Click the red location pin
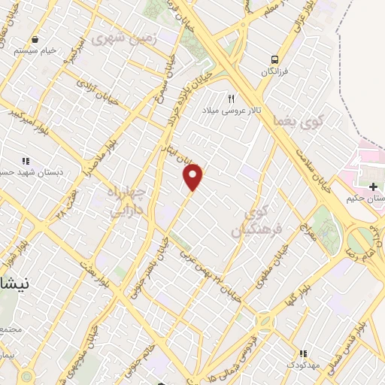tap(193, 177)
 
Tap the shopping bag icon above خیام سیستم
tap(35, 39)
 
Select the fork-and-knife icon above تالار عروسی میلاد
tap(231, 99)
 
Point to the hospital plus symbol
tap(373, 186)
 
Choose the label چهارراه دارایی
tap(126, 201)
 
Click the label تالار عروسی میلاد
tap(231, 111)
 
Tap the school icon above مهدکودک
tap(303, 353)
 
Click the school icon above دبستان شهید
tap(26, 160)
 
